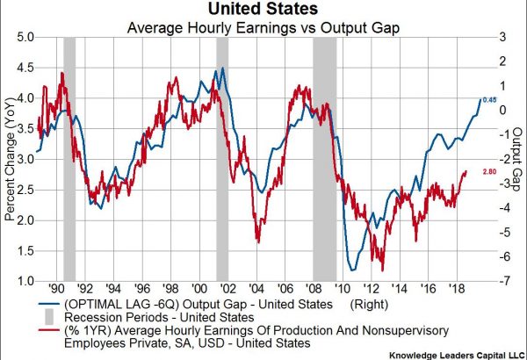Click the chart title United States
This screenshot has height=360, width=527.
pyautogui.click(x=263, y=11)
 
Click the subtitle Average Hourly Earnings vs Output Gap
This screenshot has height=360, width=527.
pyautogui.click(x=263, y=27)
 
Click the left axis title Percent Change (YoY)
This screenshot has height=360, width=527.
pyautogui.click(x=11, y=158)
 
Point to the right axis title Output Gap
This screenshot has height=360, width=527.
pyautogui.click(x=517, y=158)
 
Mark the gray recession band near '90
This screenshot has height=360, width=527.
pyautogui.click(x=69, y=158)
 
